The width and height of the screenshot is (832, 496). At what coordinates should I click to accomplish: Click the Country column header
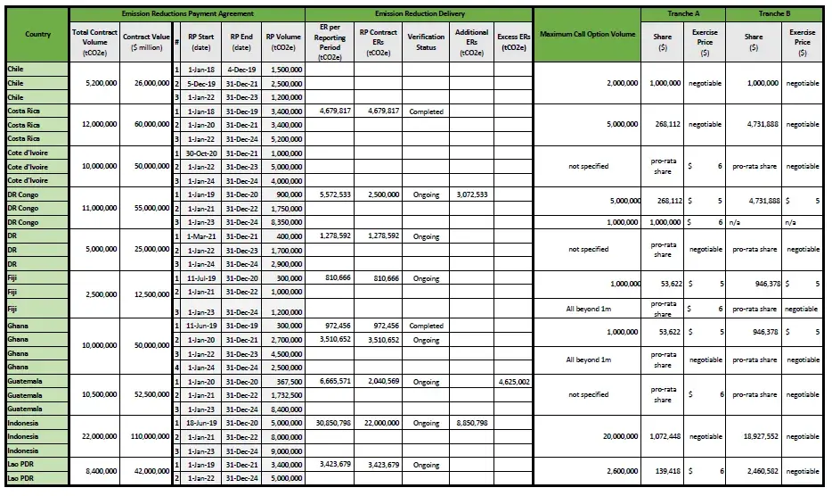[x=37, y=34]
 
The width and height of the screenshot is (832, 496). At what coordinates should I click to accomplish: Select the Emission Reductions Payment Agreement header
[x=187, y=14]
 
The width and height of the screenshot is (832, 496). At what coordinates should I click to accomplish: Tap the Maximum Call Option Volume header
[x=587, y=34]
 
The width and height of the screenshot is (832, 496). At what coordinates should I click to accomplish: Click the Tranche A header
[x=683, y=14]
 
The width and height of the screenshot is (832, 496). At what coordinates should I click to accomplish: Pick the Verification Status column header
[x=427, y=42]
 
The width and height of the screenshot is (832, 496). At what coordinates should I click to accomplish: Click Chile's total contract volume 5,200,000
[x=94, y=83]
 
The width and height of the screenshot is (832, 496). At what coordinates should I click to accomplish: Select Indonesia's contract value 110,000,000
[x=145, y=437]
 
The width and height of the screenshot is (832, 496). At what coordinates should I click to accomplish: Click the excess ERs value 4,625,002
[x=512, y=381]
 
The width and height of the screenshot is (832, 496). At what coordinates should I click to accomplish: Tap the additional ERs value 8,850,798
[x=471, y=423]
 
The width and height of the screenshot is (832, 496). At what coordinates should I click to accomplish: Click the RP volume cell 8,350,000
[x=284, y=222]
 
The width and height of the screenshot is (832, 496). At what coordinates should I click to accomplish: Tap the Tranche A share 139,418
[x=663, y=471]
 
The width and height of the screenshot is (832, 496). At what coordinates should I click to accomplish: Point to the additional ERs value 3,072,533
[x=471, y=194]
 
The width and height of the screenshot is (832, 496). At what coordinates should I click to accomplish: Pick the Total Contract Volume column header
[x=94, y=42]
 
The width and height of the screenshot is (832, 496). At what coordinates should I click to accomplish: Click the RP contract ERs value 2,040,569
[x=378, y=381]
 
